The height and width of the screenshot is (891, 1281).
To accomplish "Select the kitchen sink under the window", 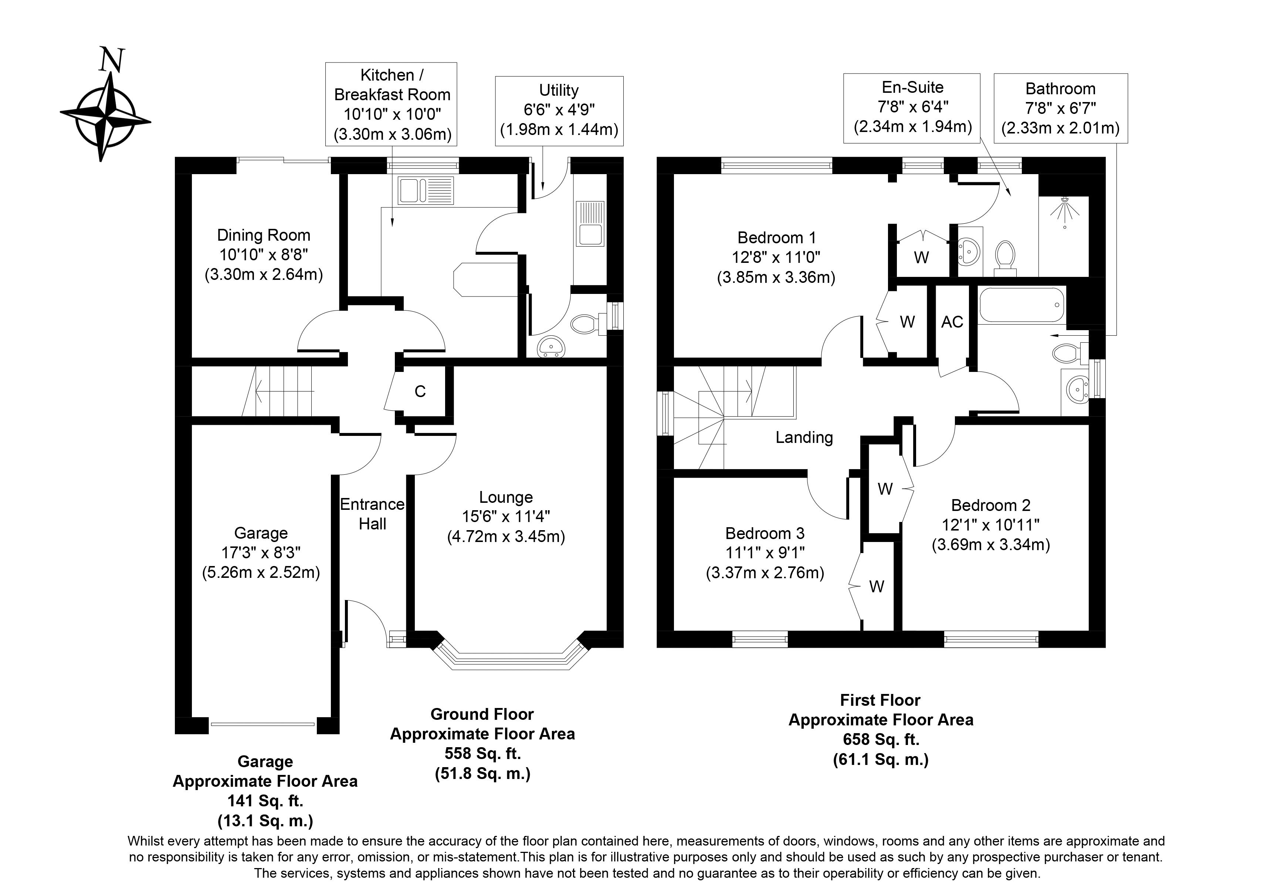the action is point(425,191).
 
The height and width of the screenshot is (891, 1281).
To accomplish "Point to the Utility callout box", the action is point(559,111).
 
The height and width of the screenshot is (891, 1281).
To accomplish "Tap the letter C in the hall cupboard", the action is point(420,392).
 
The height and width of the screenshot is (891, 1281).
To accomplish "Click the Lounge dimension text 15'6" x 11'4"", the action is point(506,516).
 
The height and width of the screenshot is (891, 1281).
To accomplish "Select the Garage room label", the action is point(261,533).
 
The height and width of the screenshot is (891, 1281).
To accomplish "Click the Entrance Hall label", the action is point(372,514).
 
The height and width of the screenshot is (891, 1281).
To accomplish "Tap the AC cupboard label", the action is point(952,322).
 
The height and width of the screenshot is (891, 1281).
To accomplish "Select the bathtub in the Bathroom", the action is point(1021,305).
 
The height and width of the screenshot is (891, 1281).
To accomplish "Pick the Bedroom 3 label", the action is point(765,533).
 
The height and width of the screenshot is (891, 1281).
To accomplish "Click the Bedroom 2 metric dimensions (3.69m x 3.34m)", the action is point(991,545).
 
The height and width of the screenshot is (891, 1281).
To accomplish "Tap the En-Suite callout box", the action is point(912,107).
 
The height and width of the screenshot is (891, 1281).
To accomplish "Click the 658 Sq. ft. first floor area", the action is point(880,740).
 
